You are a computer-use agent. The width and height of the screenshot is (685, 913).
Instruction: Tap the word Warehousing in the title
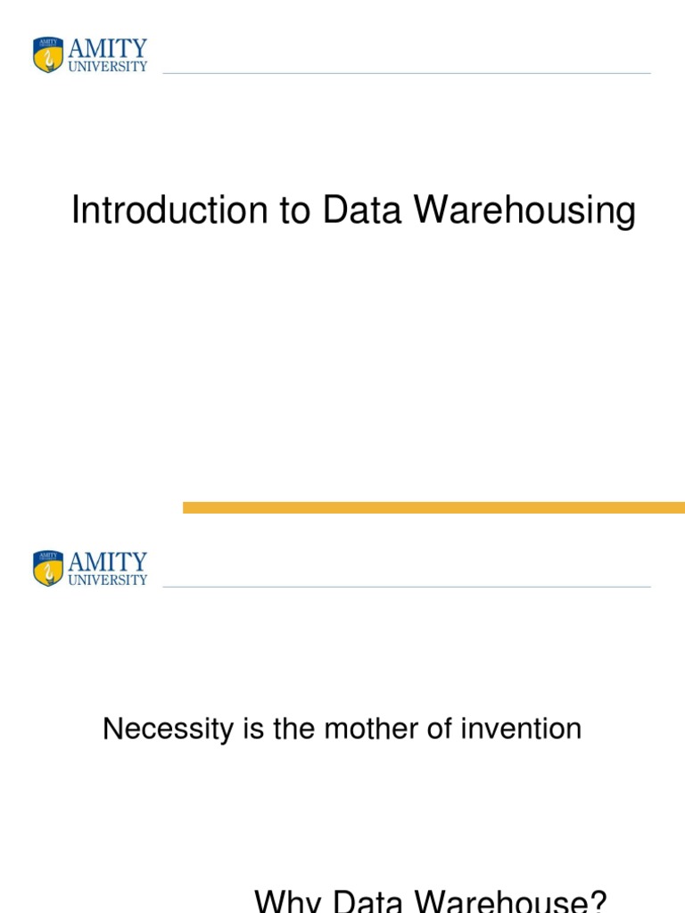pos(524,210)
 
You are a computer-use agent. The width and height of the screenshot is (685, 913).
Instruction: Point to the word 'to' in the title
pos(294,210)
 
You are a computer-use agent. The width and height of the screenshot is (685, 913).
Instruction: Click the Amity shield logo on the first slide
pos(48,54)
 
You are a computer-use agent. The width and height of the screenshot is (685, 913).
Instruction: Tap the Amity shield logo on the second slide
pos(48,568)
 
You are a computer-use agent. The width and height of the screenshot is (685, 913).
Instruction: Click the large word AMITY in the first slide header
pos(108,48)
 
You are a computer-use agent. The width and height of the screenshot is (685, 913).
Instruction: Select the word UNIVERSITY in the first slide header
pos(108,66)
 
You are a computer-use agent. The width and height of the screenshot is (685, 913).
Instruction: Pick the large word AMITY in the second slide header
pos(108,562)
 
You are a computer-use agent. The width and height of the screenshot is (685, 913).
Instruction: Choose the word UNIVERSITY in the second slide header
pos(108,580)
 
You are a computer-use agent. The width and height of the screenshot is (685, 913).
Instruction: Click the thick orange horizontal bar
pos(434,507)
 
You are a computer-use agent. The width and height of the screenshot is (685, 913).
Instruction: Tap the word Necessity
pos(169,729)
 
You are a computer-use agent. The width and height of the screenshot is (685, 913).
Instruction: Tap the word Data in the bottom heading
pos(367,901)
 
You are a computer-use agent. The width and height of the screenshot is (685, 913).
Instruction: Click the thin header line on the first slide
pos(407,73)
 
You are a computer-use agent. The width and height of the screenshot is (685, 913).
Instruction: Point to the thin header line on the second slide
pos(407,587)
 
